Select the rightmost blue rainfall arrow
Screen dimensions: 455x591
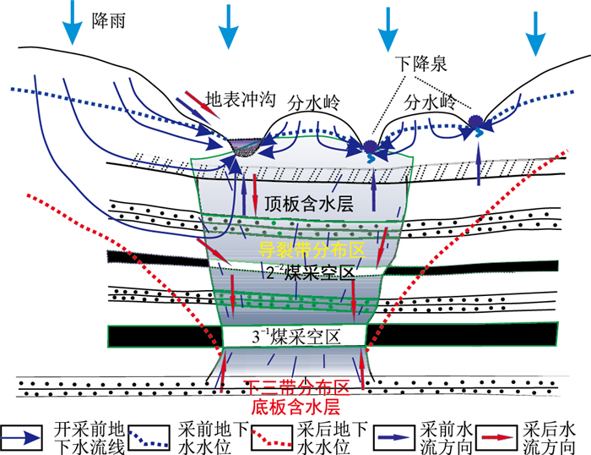coord(535,32)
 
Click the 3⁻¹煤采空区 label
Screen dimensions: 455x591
coord(297,336)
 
